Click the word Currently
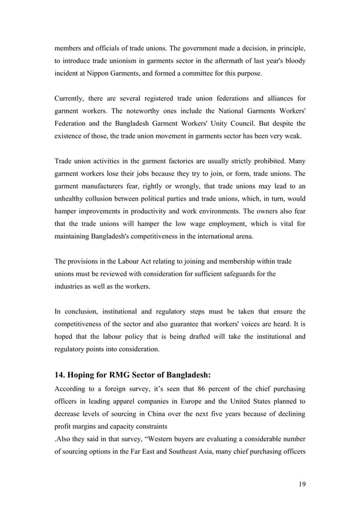71,100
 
